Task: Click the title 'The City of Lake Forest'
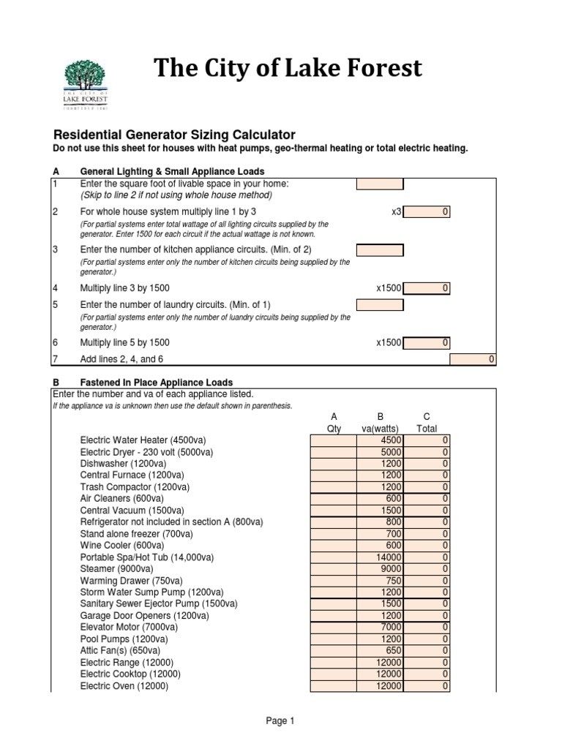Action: pos(287,68)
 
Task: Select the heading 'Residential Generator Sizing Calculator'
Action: pos(175,135)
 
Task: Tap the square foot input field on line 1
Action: pos(379,184)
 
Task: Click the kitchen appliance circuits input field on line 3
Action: pos(379,251)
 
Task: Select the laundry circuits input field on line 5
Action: pos(379,304)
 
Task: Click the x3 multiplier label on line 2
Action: pos(396,211)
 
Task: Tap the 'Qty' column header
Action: pos(334,429)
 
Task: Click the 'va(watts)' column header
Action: pos(380,429)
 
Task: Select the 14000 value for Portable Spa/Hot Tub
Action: pos(380,557)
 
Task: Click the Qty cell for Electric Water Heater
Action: pos(334,440)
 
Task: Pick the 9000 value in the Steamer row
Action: pos(380,568)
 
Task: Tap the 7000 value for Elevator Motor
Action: pos(380,627)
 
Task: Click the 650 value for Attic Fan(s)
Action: pos(380,650)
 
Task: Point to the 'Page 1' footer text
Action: pos(280,721)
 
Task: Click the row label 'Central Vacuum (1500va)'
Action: pos(132,510)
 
